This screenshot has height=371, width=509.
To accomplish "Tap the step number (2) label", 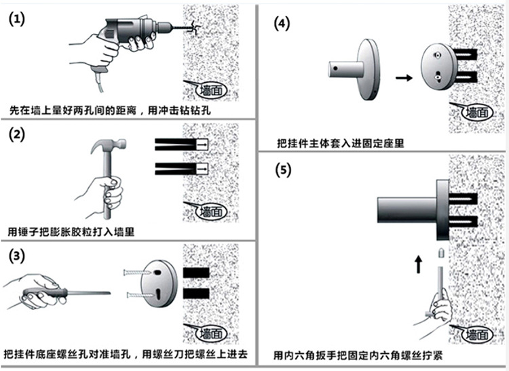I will pos(16,134).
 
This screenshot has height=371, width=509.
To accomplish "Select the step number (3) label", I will pos(16,257).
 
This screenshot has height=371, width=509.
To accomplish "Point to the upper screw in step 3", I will pos(134,272).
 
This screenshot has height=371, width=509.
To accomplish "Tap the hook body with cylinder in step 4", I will pos(353,68).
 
